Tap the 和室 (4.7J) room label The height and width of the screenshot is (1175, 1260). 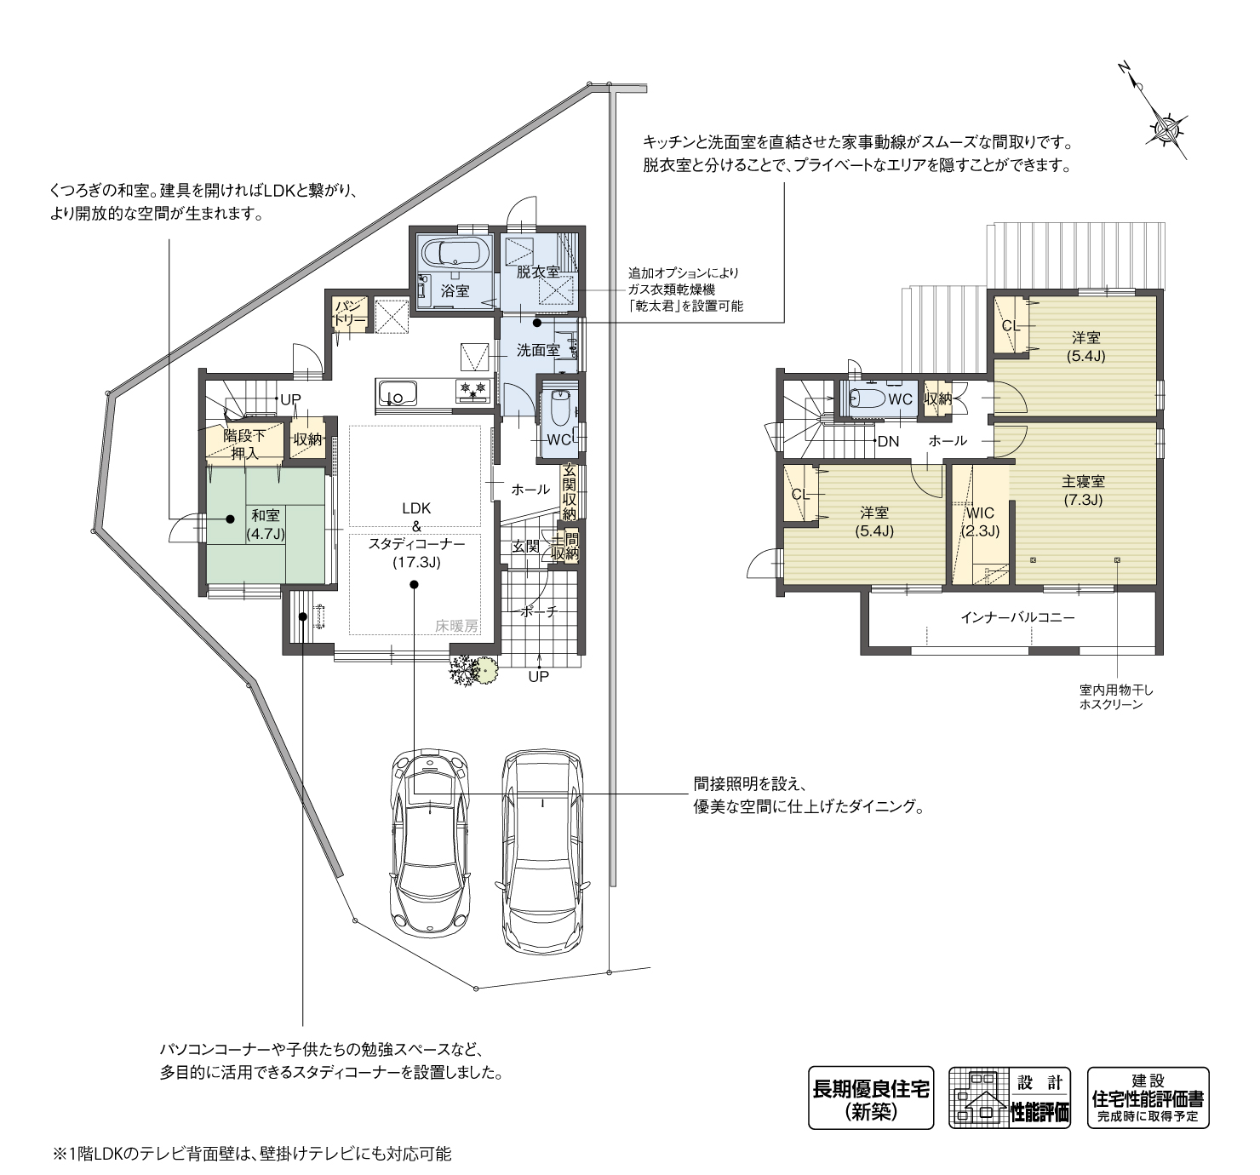[x=266, y=524]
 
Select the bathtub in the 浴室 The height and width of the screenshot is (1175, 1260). [x=455, y=253]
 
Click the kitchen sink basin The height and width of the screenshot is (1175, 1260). [x=396, y=393]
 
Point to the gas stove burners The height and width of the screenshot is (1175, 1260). [x=472, y=391]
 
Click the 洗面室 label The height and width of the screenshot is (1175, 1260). [x=537, y=350]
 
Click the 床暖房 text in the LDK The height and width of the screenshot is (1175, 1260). [x=456, y=625]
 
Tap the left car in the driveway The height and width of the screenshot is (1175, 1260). [x=431, y=843]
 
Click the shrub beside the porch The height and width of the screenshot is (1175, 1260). [x=472, y=670]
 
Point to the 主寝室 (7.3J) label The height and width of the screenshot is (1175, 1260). [x=1083, y=490]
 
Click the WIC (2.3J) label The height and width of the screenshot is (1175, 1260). [x=980, y=521]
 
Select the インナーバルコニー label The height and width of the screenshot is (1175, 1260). [x=1017, y=617]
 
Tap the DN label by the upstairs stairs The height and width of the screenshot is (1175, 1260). [x=888, y=441]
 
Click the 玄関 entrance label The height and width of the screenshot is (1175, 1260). [x=525, y=546]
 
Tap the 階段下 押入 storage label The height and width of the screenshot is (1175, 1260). [x=244, y=444]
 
